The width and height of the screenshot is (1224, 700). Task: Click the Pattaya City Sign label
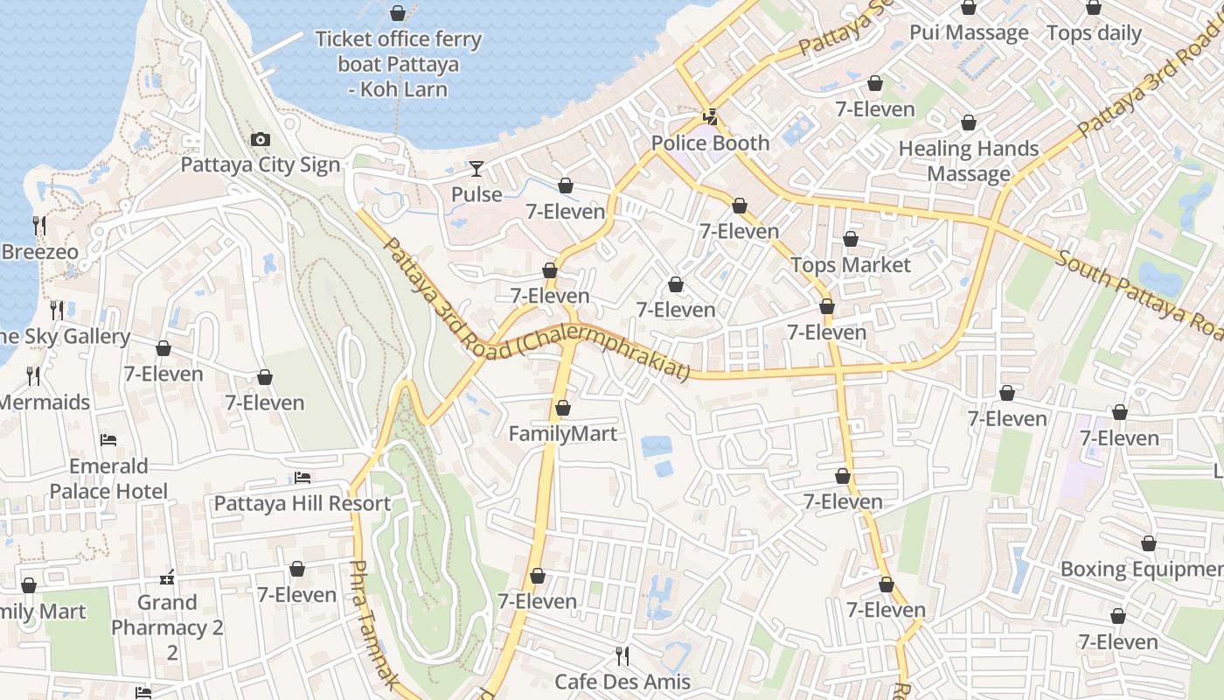coord(260,165)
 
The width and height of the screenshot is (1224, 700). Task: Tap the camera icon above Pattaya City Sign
coord(260,139)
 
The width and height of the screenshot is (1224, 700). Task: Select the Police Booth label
coord(710,143)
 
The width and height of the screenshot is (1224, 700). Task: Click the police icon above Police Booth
coord(711,115)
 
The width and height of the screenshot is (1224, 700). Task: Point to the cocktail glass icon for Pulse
coord(476,168)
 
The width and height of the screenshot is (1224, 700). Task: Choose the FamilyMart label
coord(563,433)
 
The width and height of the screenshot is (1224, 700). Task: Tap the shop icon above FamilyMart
coord(563,408)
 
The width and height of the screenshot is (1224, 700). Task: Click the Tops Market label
coord(851,264)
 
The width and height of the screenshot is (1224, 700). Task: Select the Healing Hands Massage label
coord(969,161)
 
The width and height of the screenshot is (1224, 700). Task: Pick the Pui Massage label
coord(969,33)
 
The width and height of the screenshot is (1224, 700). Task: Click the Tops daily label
coord(1094,33)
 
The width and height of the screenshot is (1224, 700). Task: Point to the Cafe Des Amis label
coord(622,682)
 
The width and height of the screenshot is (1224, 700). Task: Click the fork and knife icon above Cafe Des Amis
coord(622,654)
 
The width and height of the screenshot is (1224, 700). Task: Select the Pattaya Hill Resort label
coord(303,504)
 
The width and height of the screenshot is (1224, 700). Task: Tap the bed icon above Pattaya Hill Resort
coord(303,478)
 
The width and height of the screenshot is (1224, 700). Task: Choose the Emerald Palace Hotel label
coord(108,478)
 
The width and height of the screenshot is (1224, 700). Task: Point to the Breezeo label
coord(39,252)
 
